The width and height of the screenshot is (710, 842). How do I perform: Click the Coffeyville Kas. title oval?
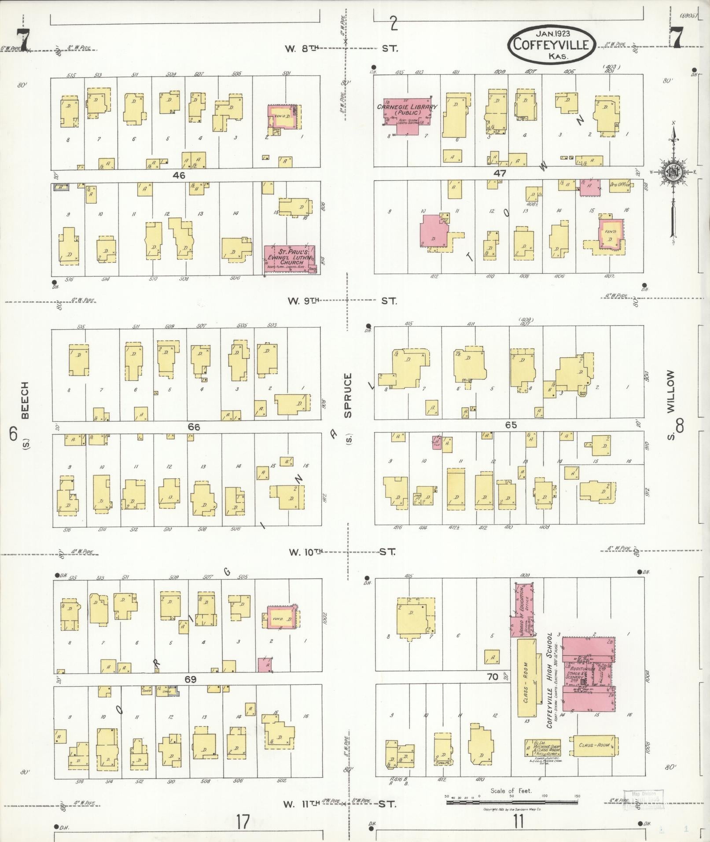click(551, 44)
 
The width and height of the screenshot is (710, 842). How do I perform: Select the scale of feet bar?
click(512, 802)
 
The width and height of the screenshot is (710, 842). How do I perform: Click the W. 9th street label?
click(302, 301)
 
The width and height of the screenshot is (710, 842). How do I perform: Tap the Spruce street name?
click(348, 395)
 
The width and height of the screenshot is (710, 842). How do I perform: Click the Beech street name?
click(25, 400)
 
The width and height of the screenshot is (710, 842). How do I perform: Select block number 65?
click(511, 425)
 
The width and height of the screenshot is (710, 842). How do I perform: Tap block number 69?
click(190, 680)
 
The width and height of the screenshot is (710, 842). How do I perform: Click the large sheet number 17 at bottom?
click(242, 821)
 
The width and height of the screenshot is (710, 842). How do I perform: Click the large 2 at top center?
click(393, 24)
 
